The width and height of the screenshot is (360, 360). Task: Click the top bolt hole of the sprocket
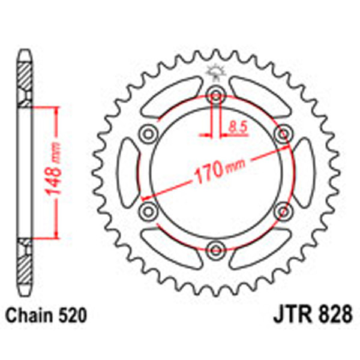point(215,93)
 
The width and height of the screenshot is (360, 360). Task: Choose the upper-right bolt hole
point(281,131)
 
